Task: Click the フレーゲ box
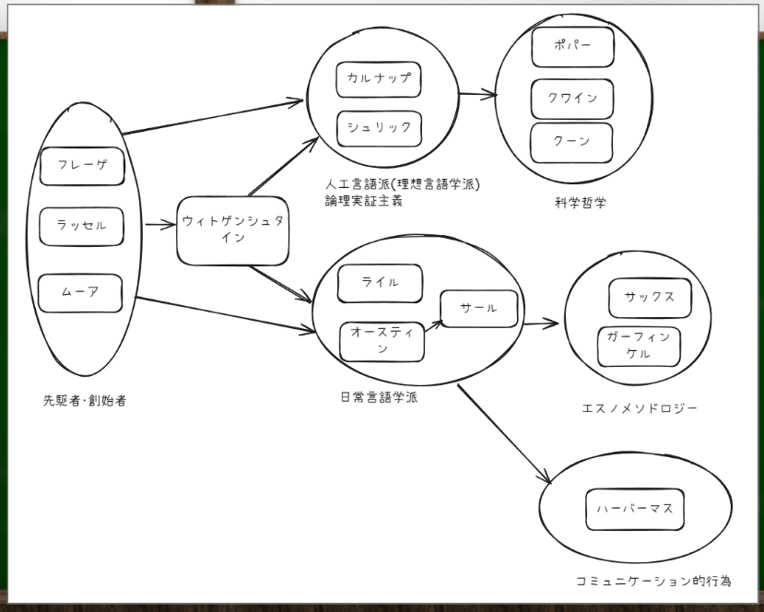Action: (82, 166)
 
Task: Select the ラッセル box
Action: (81, 227)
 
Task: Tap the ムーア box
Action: (80, 292)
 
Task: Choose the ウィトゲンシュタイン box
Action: (232, 229)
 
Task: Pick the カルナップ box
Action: (379, 79)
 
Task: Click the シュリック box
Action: (379, 128)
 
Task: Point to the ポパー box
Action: (572, 47)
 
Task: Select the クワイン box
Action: (572, 99)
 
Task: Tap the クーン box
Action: (571, 142)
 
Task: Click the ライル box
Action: (380, 283)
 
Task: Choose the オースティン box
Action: (382, 341)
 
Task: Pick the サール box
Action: (479, 309)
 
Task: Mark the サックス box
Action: (650, 298)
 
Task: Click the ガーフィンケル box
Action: (639, 346)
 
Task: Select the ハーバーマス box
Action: (635, 509)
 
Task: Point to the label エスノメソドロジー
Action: (640, 408)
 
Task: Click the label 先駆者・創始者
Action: (84, 401)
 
